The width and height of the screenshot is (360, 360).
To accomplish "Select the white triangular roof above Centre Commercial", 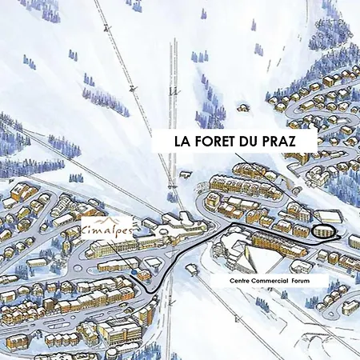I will point(255,258).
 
